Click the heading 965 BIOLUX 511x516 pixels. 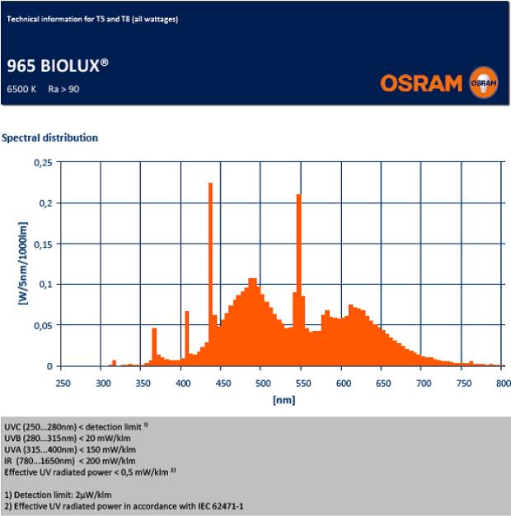coord(52,67)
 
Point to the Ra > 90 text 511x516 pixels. coord(63,88)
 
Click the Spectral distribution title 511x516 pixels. coord(51,137)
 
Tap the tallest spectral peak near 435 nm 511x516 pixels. coord(210,247)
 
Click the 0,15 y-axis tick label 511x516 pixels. coord(42,244)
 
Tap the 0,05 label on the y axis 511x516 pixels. coord(42,325)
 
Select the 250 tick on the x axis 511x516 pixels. coord(63,383)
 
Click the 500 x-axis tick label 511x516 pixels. coord(261,383)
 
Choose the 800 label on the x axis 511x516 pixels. coord(500,383)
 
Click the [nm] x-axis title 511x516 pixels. coord(282,400)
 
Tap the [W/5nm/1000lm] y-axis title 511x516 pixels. coord(23,263)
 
